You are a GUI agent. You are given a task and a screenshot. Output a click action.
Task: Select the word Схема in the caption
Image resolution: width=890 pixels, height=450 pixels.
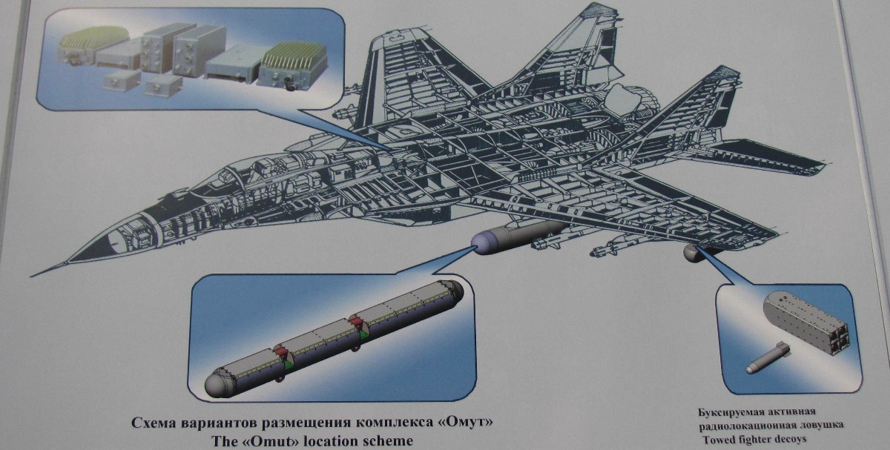click(154, 423)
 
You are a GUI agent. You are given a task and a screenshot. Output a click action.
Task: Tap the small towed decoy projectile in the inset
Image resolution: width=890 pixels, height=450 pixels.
click(767, 358)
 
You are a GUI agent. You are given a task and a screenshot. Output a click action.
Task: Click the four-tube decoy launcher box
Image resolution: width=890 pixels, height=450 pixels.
click(805, 321)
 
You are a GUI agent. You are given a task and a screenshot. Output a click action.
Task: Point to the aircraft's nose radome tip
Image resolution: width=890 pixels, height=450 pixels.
click(33, 275)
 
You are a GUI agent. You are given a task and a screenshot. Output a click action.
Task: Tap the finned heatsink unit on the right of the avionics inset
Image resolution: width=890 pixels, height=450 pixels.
click(292, 65)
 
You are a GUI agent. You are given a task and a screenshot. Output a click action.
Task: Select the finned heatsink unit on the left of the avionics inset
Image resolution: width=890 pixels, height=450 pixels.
click(92, 46)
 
